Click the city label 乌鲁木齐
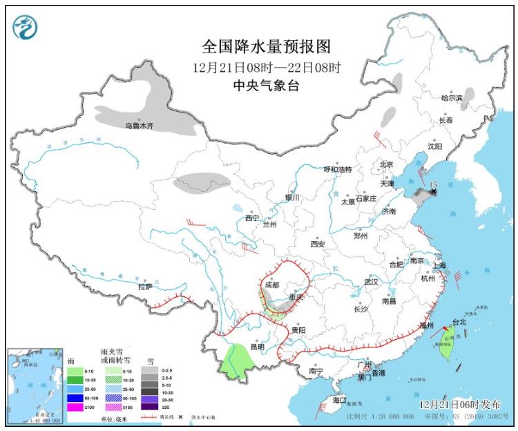point(139,126)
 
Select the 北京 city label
point(385,164)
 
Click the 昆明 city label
point(258,347)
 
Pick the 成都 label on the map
point(271,284)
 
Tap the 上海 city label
point(440,266)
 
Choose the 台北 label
point(459,322)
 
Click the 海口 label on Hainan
point(338,400)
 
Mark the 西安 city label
point(318,244)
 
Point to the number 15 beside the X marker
point(433,185)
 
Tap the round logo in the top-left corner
point(26,26)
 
